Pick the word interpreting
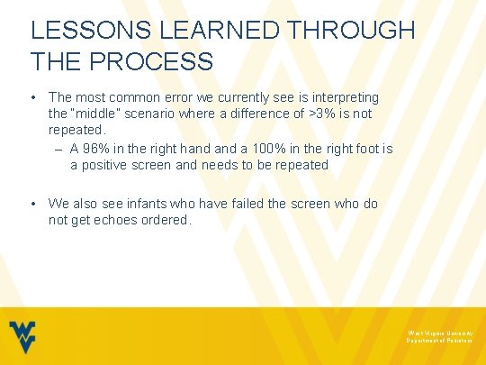pos(346,96)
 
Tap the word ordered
pos(163,221)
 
